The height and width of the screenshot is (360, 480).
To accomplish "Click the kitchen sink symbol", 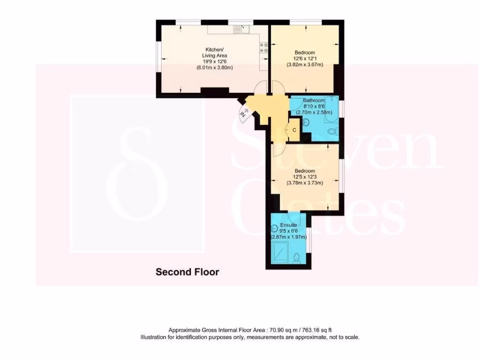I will point(238,30).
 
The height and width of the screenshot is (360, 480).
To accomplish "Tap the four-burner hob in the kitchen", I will point(263,47).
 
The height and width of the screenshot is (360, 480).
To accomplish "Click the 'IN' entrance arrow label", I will point(243,113).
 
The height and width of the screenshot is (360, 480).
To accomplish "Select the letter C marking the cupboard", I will point(294,130).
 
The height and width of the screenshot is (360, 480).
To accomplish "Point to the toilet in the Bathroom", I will point(332,132).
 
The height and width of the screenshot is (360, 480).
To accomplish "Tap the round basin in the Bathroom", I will point(305,122).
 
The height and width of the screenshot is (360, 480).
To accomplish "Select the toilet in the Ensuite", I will point(296,257).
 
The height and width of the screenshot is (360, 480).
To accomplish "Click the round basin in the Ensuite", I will point(275,229).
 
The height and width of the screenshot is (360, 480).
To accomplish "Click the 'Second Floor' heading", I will point(187,272).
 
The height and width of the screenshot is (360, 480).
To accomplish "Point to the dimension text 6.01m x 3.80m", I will point(214,67).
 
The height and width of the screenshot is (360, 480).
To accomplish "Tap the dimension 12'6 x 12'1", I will point(305,59).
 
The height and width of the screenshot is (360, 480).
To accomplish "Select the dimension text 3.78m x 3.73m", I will point(305,183).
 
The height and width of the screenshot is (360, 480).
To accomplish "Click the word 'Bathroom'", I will point(314,100).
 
